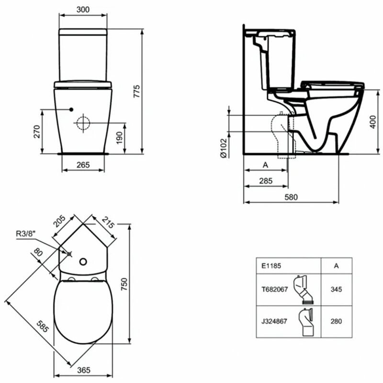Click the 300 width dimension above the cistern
(83, 10)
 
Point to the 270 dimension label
(36, 132)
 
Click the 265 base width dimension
(83, 165)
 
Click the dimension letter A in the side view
(265, 165)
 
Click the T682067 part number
(273, 290)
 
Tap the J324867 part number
(274, 322)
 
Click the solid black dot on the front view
(71, 109)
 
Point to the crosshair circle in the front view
(83, 123)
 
